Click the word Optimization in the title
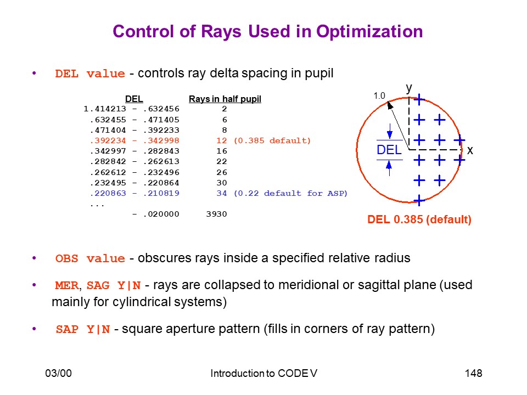point(369,32)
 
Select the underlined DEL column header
point(134,99)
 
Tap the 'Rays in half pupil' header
point(225,99)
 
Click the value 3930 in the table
point(216,214)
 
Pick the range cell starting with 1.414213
point(131,109)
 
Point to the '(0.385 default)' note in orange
point(272,140)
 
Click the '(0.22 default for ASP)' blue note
point(290,193)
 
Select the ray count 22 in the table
point(221,161)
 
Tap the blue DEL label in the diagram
point(389,150)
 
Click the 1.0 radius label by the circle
point(379,95)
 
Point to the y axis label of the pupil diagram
point(408,88)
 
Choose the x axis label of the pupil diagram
point(470,150)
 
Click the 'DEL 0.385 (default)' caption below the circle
point(419,219)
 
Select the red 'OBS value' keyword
point(90,258)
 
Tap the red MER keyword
point(67,285)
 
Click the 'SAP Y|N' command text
point(83,329)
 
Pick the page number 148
point(473,373)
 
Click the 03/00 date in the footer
point(59,373)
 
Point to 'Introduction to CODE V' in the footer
point(263,373)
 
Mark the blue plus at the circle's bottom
point(419,201)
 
